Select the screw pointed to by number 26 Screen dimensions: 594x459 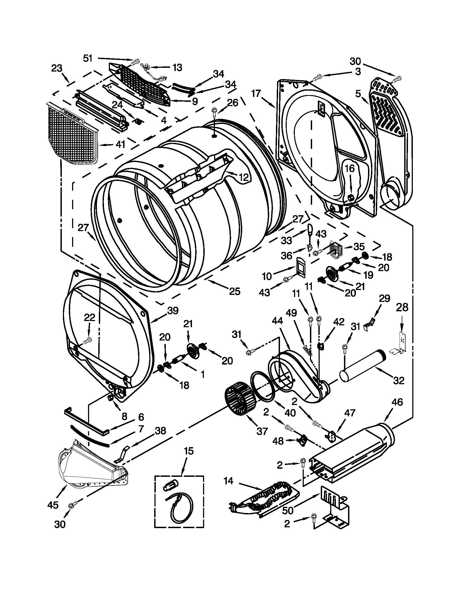214,112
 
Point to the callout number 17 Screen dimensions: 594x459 256,94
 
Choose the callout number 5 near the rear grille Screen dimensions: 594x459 358,94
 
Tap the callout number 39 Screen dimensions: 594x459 173,310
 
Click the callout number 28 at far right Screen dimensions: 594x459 402,307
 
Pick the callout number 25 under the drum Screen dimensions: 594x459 235,291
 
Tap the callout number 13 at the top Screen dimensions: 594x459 177,67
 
